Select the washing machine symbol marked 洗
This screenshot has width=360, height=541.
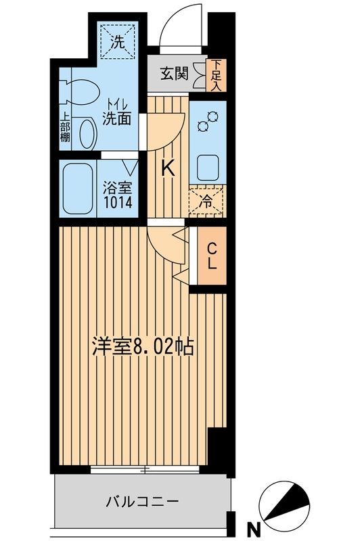click(x=118, y=41)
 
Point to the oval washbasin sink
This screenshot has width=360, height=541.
click(x=87, y=133)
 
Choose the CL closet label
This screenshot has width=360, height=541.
click(x=212, y=256)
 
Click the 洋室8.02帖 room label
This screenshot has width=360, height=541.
click(x=143, y=348)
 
